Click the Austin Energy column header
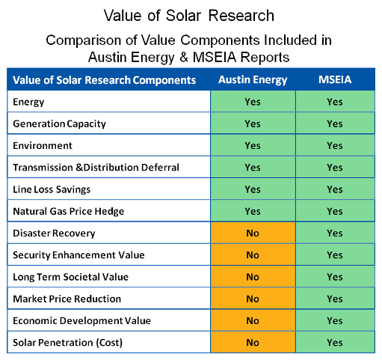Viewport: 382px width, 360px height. (253, 80)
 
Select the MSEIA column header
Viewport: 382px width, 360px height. (335, 79)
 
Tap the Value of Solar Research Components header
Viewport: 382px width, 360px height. (104, 80)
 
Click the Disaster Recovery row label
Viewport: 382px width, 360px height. (54, 234)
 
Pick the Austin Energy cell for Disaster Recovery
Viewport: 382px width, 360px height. (253, 233)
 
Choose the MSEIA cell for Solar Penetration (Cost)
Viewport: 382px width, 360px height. (335, 343)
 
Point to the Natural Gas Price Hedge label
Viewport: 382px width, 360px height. (69, 211)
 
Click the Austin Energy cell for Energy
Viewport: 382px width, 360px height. (253, 102)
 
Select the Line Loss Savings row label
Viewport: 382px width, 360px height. (52, 189)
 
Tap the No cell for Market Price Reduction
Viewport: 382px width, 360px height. (253, 299)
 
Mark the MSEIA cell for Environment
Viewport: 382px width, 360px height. (335, 145)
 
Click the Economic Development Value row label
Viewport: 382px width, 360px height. (81, 320)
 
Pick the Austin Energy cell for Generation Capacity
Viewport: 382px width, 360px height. (253, 123)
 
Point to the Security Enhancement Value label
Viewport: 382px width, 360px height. (78, 255)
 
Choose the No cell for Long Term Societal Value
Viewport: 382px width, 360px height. (253, 277)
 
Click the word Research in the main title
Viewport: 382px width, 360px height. (241, 16)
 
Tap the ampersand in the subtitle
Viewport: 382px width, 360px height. (184, 57)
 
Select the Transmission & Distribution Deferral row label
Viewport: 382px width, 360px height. (96, 168)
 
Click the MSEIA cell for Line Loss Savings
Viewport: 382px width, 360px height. (335, 189)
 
